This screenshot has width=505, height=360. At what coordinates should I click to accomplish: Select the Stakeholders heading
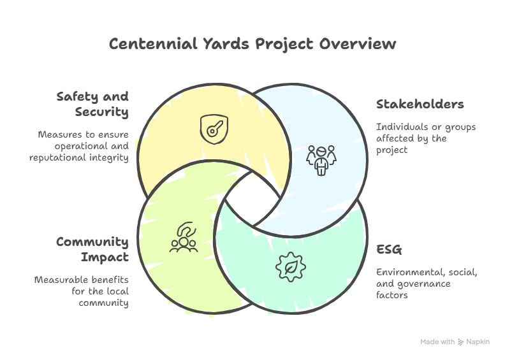[419, 104]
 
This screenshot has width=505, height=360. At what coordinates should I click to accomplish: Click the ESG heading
[388, 249]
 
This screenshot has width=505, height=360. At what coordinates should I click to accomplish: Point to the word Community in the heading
[92, 242]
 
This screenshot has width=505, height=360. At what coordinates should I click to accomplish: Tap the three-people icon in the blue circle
[321, 160]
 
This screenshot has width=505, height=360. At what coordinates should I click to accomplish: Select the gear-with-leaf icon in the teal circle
[288, 266]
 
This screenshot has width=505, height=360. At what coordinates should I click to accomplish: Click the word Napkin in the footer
[478, 342]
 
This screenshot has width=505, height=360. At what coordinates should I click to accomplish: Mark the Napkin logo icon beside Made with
[461, 342]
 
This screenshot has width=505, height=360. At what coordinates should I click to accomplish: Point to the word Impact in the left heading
[105, 257]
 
